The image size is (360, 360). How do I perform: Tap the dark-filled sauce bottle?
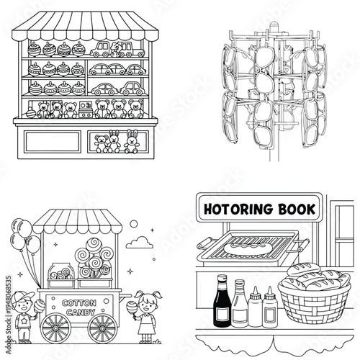pyautogui.click(x=220, y=293)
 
